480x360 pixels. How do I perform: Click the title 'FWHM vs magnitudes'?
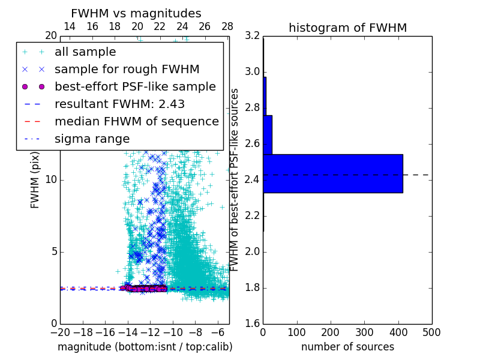(136, 13)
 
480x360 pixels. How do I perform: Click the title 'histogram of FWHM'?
(347, 28)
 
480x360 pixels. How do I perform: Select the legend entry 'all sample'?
(85, 52)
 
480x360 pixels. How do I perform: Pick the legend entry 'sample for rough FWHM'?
(127, 69)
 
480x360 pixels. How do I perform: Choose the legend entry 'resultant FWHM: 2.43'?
(119, 104)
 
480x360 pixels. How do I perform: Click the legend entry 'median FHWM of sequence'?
(136, 121)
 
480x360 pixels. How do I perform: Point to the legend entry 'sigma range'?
(92, 139)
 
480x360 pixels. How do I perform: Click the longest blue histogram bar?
(332, 173)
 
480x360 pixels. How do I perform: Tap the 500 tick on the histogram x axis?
(431, 332)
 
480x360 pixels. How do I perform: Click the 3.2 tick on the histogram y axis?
(253, 36)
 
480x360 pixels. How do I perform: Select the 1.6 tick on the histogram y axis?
(253, 323)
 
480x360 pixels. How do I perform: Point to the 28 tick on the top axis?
(227, 26)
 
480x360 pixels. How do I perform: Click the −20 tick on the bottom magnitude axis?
(60, 332)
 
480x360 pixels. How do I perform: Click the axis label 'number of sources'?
(347, 347)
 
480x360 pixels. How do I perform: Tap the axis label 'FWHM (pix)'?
(35, 180)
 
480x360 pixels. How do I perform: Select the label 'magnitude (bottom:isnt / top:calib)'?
(145, 347)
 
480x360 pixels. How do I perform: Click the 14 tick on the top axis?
(70, 26)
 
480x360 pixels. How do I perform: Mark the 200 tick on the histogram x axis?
(331, 332)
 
